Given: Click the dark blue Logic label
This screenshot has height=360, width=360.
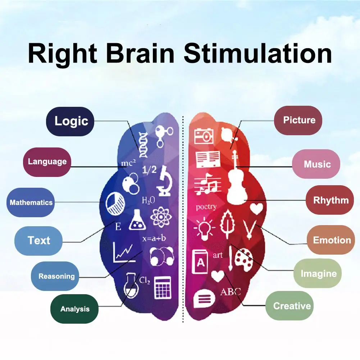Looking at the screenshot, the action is point(70,121).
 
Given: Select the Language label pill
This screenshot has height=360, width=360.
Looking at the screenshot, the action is point(47,162).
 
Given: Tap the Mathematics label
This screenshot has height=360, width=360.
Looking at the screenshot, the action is point(31,202).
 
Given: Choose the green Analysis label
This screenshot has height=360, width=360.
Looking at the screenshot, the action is point(74,309).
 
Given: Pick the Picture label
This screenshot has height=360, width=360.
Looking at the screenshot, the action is point(298,120).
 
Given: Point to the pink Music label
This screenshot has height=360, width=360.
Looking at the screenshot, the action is point(316,164).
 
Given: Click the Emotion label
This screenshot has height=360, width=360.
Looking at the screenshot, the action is point(331,240).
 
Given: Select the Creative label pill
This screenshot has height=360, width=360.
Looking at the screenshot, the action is point(290,306).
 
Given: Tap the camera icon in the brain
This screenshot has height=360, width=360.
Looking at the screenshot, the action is point(204,136).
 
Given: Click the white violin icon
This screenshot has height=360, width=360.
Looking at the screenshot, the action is point(237,178).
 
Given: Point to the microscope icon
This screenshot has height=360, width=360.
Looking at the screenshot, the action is point(165,181).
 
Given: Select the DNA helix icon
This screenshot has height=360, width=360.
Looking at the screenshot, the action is point(143,145).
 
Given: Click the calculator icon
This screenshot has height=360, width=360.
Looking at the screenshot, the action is point(163,287).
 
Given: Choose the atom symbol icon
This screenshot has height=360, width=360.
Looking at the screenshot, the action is point(161,217).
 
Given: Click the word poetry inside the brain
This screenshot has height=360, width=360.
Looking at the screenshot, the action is point(206,207).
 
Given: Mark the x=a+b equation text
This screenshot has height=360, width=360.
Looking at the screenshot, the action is point(154,238).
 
